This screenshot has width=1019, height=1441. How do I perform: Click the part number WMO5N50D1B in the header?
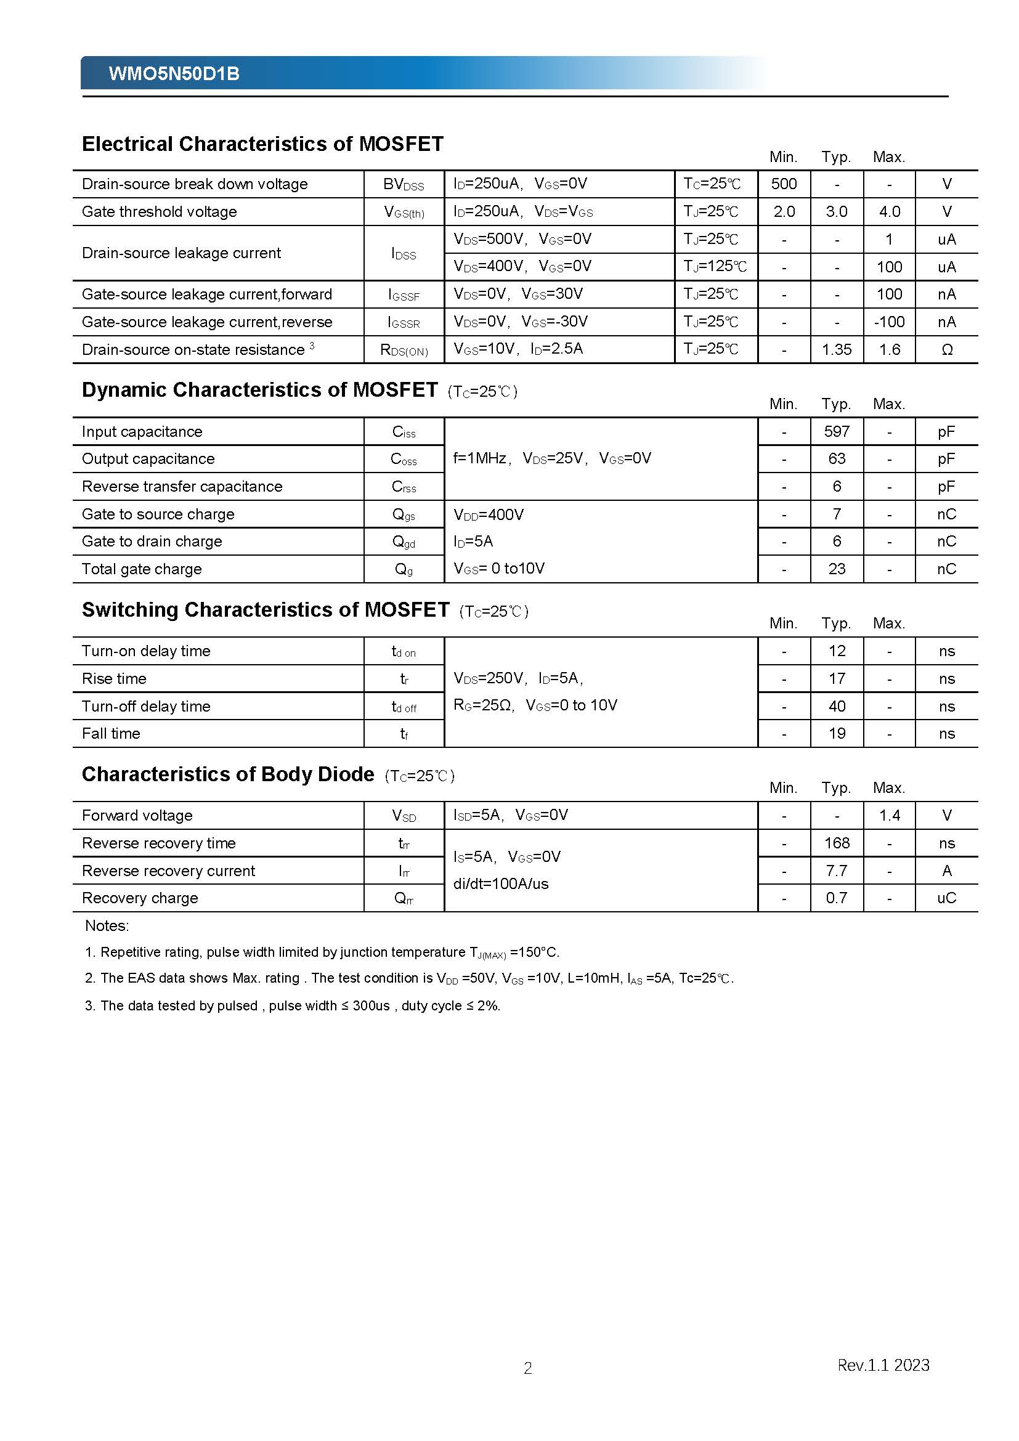coord(174,74)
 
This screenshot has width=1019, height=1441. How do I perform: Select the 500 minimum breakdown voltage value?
coord(784,184)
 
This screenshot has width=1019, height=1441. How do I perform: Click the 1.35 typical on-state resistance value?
coord(837,349)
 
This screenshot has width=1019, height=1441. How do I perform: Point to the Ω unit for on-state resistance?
coord(947,349)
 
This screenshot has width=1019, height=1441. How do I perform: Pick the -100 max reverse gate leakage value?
coord(888,322)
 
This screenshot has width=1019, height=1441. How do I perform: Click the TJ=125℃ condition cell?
coord(715,267)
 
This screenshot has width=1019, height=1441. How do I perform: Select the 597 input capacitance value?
coord(837,431)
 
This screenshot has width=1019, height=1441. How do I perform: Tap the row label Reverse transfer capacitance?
coord(182,487)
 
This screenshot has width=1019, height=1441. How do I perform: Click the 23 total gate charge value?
coord(837,569)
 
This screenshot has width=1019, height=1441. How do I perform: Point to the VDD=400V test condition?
coord(488,514)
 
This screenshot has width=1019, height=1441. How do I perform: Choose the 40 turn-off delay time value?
coord(837,706)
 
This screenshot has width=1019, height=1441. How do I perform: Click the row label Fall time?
coord(111,733)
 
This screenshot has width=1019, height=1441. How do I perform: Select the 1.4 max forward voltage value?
coord(889,815)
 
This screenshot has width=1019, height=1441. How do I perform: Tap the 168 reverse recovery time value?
coord(837,843)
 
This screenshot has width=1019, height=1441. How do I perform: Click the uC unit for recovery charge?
coord(946,898)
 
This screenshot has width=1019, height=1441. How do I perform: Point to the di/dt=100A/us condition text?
coord(501,883)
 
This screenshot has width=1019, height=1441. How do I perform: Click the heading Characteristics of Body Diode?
coord(228,774)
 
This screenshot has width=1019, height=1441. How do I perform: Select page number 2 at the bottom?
coord(528,1368)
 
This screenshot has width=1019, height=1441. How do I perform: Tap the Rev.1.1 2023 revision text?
coord(883,1365)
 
